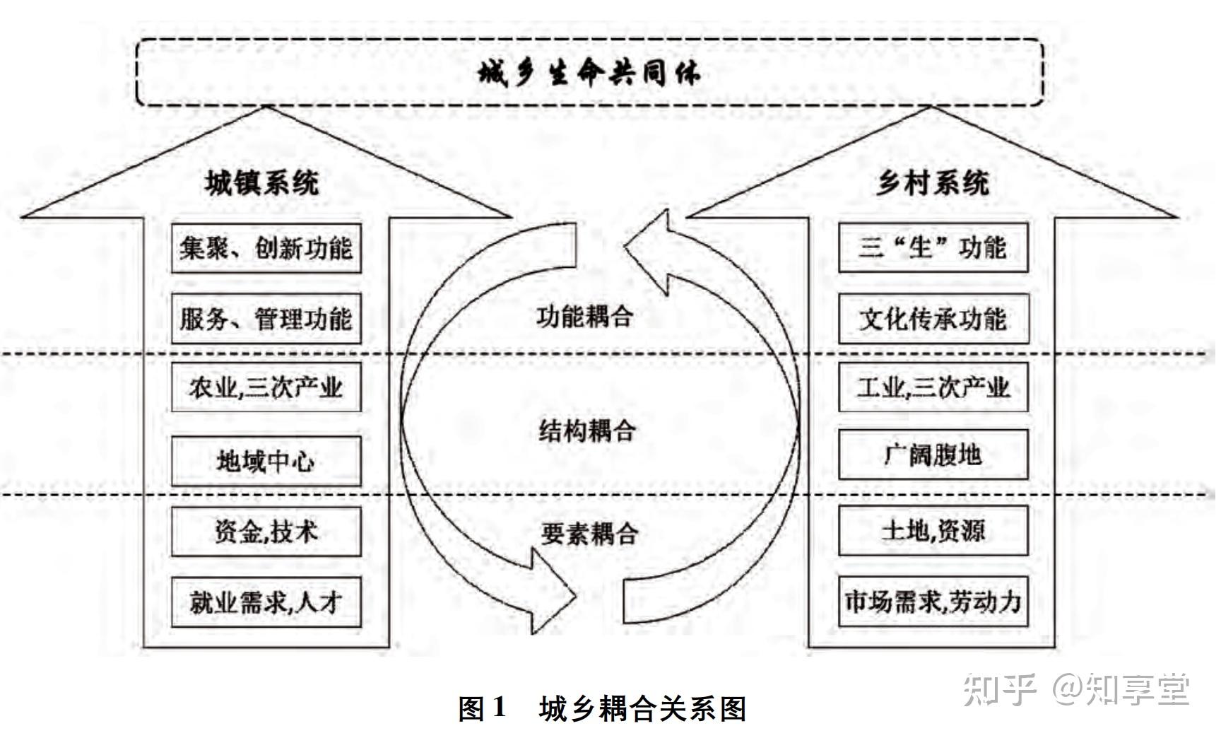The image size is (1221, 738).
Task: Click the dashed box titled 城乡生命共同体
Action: coord(589,73)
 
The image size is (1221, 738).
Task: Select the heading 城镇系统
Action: coord(261,183)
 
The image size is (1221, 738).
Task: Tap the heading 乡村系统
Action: coord(932,183)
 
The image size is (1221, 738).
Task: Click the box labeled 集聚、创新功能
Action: coord(266,248)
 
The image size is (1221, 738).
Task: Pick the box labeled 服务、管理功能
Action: coord(266,319)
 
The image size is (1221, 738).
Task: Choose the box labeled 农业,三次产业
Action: coord(266,387)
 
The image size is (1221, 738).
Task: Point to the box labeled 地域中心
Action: coord(266,461)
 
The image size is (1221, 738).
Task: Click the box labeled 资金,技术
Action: coord(266,532)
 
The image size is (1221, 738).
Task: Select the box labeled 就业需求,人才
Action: coord(266,602)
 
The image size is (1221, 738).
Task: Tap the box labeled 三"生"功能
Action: coord(933,248)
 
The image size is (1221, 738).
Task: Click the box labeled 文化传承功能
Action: coord(933,319)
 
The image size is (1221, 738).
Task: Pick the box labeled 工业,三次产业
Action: coord(933,387)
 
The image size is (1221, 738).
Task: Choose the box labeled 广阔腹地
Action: coord(933,455)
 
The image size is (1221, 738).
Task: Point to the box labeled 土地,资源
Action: coord(933,530)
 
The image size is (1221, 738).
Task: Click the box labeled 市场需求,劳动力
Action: coord(933,602)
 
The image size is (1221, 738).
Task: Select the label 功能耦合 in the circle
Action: coord(584,316)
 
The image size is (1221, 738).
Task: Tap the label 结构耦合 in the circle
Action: coord(587,430)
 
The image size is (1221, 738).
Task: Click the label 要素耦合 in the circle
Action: coord(589,533)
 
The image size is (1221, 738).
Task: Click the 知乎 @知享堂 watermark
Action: coord(1077,689)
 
